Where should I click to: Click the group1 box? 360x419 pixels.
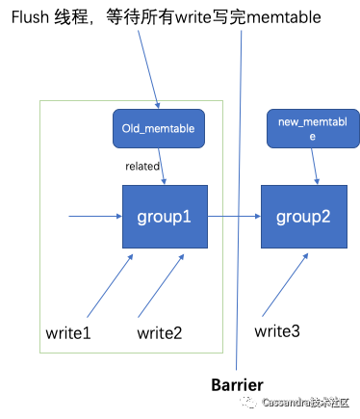point(165,217)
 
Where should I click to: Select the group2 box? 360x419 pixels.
point(304,217)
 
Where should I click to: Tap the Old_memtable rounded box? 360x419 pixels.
point(159,128)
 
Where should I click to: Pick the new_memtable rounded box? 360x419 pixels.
point(313,128)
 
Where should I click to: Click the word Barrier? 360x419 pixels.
point(237,384)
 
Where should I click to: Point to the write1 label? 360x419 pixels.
point(68,333)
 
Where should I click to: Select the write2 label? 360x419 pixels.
point(160,333)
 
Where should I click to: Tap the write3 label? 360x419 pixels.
point(277,331)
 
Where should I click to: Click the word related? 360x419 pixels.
point(142,167)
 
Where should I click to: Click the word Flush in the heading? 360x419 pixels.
point(30,17)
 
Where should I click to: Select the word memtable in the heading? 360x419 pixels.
point(284,17)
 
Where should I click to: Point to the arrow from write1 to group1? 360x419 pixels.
point(110,286)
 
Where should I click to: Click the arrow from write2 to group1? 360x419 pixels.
point(161,286)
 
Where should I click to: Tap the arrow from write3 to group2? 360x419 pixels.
point(285,285)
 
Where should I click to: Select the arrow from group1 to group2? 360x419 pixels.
point(234,217)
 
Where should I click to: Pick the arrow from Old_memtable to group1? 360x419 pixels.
point(162,166)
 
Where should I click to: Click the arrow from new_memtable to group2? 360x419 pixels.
point(315,166)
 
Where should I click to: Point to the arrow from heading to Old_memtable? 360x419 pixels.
point(148,69)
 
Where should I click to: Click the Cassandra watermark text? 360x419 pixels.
point(305,403)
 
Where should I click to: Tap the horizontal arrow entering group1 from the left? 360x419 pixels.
point(95,217)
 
